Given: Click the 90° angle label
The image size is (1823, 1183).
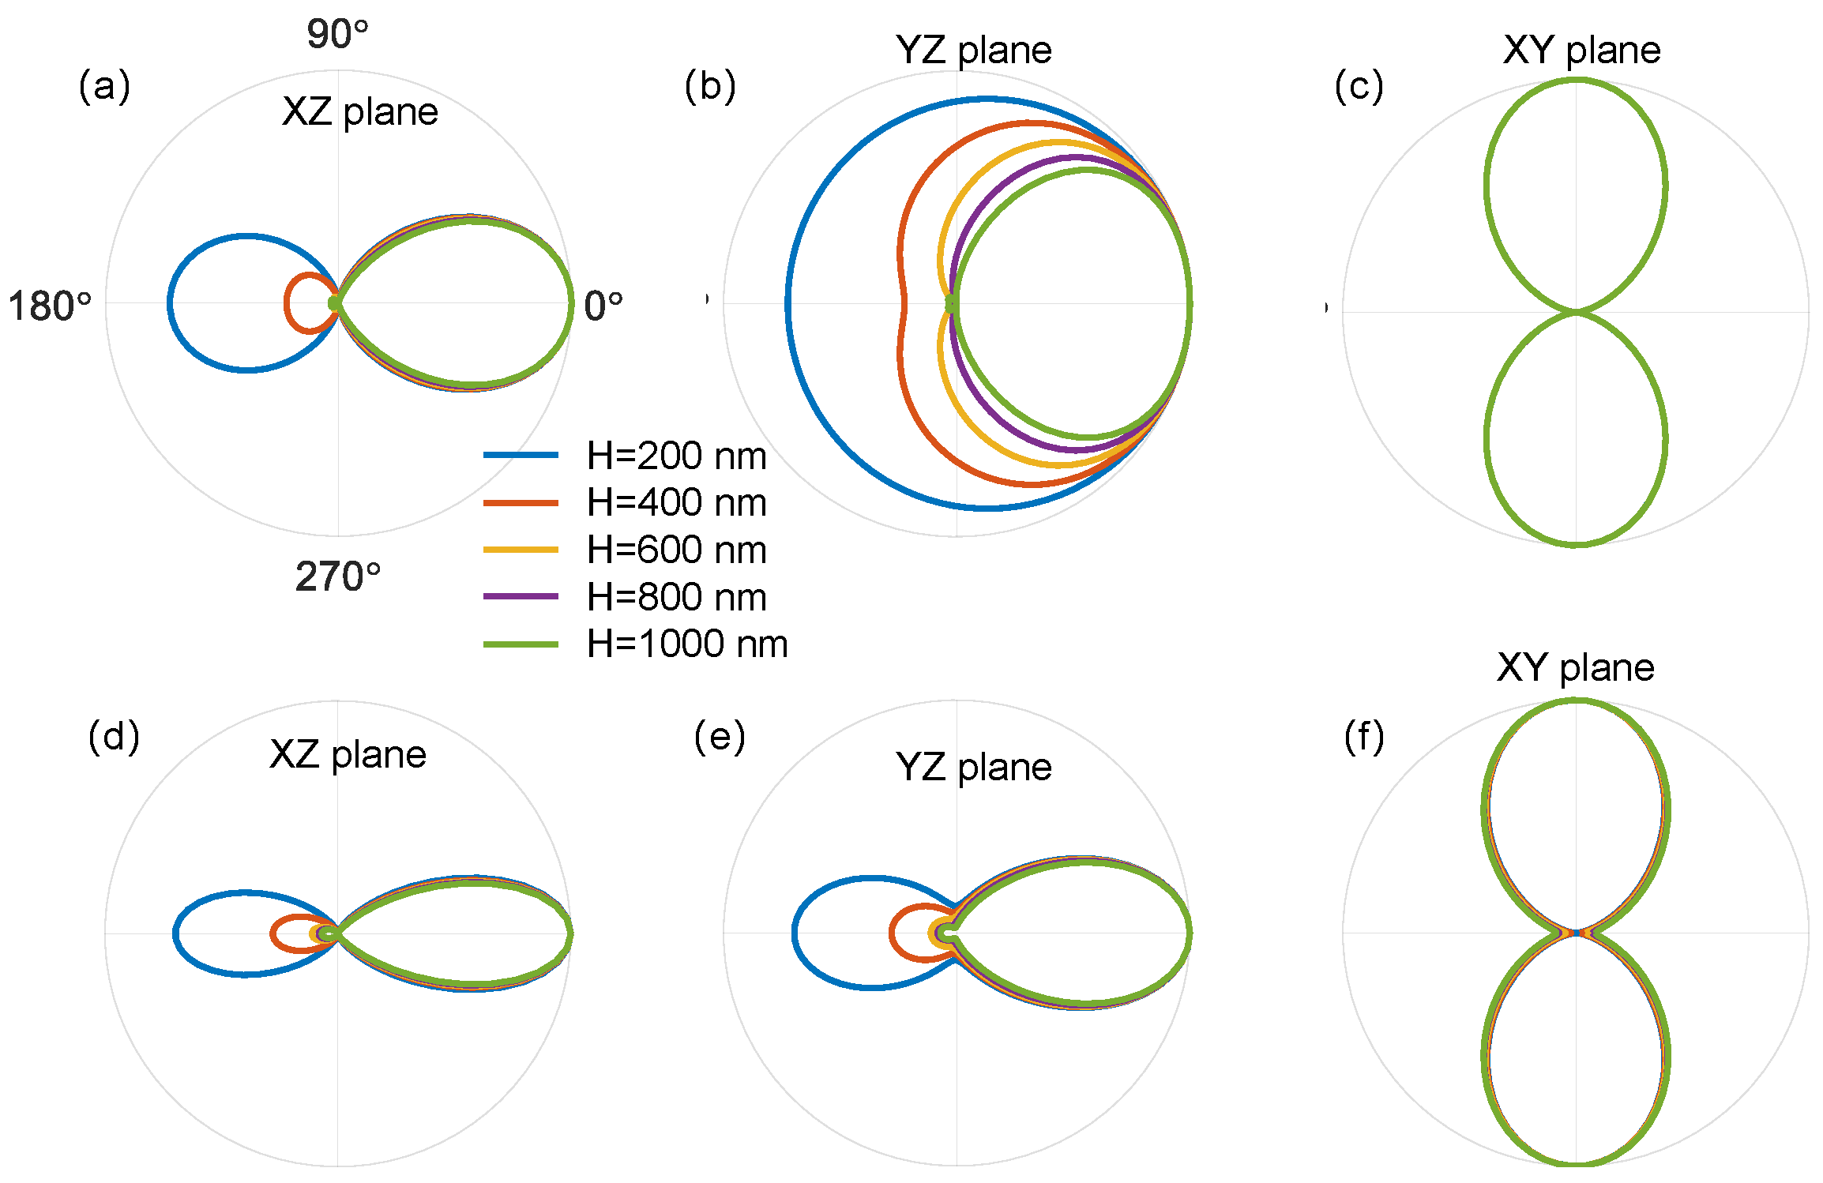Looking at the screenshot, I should [x=337, y=35].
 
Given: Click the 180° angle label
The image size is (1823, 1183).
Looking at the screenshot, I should [x=50, y=306].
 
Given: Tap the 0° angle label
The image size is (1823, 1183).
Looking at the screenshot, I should [x=603, y=306].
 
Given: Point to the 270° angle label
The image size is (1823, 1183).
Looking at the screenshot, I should [x=338, y=576].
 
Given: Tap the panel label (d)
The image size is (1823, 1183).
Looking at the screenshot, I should [x=114, y=736].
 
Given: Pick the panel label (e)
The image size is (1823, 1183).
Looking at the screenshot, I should [x=720, y=736].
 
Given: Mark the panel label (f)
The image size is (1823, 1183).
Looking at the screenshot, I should [x=1364, y=736].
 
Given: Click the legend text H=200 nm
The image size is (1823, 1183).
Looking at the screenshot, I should [x=677, y=456].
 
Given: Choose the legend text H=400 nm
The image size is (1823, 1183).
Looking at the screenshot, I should [x=677, y=502].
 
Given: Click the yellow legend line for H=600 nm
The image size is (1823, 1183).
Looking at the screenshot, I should [x=521, y=550].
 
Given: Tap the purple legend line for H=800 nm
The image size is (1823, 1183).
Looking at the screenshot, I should [x=521, y=596].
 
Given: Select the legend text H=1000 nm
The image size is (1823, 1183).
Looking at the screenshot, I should [x=687, y=644].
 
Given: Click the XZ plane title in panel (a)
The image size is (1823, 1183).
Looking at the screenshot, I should [x=360, y=111].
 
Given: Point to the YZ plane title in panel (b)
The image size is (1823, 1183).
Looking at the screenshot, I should [x=973, y=51].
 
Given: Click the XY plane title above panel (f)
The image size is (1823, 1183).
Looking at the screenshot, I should [x=1575, y=668].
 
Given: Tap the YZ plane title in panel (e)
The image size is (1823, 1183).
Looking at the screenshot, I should [x=973, y=767].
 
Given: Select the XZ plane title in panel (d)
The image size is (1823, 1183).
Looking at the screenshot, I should [x=348, y=754].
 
